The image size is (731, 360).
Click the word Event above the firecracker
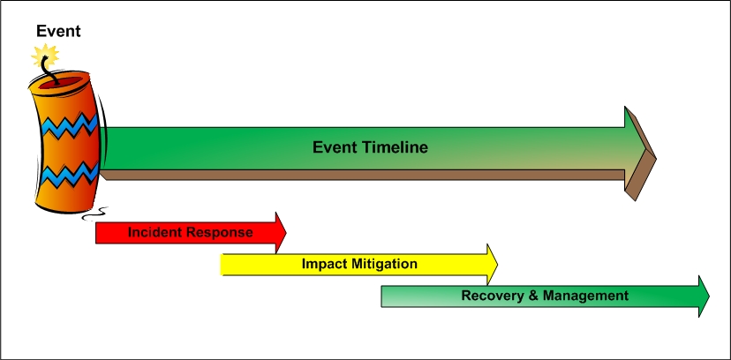pos(58,32)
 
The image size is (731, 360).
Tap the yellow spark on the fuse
pos(43,57)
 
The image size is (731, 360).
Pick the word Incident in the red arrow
pos(156,233)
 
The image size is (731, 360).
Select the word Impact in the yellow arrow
pos(322,264)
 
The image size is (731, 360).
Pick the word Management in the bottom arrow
pos(584,296)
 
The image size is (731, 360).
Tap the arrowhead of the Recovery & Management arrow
pos(703,296)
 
